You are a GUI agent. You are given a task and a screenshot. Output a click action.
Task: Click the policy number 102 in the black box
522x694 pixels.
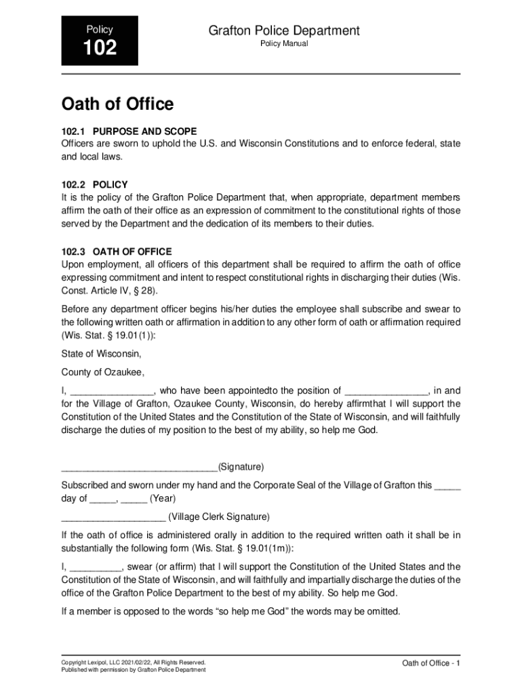[100, 48]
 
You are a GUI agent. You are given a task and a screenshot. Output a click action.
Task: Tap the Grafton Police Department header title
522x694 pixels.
[284, 30]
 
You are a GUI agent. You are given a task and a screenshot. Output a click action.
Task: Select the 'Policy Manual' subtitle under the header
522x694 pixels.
[284, 44]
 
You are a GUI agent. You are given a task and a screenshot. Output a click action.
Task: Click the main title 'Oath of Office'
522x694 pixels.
[117, 104]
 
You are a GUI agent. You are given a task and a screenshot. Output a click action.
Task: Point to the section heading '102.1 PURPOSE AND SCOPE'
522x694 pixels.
[129, 131]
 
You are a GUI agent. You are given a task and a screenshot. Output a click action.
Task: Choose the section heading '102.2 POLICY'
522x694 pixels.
[94, 184]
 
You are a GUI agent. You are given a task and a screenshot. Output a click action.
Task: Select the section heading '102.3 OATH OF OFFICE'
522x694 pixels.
[117, 251]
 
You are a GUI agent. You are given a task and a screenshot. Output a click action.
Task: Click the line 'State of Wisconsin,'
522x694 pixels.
[101, 354]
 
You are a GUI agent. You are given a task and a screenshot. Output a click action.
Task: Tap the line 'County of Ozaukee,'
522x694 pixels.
[103, 372]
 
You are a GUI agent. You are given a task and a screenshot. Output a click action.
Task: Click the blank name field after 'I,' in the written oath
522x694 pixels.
[112, 392]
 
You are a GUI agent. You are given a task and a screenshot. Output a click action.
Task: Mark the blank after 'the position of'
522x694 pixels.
[386, 392]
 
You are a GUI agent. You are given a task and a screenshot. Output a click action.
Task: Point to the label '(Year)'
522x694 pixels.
[163, 499]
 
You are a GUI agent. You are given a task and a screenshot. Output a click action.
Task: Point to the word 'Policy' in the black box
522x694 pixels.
[100, 30]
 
